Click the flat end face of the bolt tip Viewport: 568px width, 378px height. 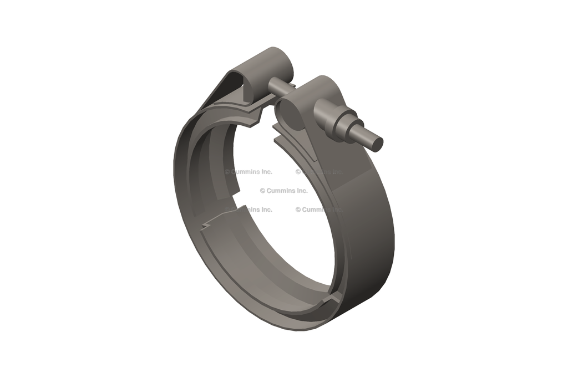[377, 144]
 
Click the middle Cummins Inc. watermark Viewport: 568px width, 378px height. [283, 191]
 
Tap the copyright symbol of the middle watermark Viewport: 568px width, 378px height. [262, 191]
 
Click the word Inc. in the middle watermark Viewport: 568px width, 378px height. [300, 191]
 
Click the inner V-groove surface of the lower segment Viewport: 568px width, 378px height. [261, 260]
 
